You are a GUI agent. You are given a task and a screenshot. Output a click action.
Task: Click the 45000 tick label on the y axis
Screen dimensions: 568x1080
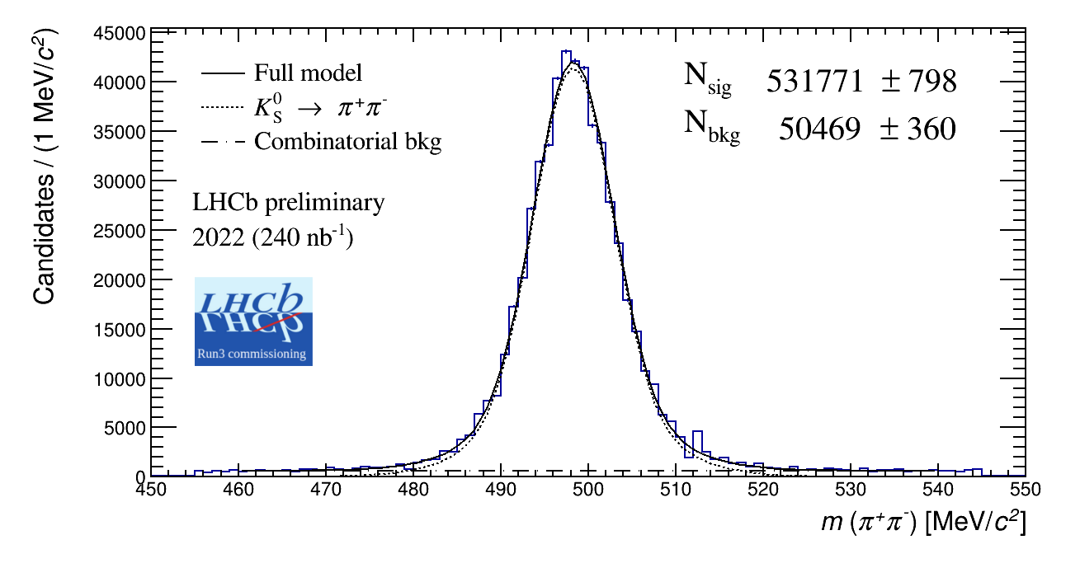[x=122, y=34]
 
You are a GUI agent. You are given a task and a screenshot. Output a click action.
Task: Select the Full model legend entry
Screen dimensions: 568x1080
[x=308, y=73]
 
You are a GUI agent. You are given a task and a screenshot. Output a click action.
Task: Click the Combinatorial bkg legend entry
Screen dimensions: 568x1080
[x=347, y=142]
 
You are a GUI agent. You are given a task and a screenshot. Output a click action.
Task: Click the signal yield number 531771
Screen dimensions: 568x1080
[x=815, y=82]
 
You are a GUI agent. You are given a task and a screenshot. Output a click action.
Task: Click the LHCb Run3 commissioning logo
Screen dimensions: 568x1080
[x=253, y=322]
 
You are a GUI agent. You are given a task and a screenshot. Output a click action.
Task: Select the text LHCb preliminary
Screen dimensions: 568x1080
[x=288, y=203]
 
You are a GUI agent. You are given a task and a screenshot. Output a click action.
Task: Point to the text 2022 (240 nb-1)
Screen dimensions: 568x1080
[x=272, y=238]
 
